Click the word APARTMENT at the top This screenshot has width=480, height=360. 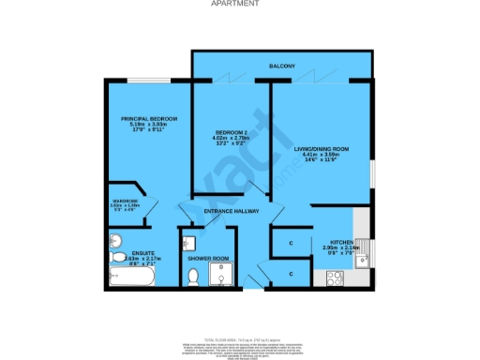(x=239, y=4)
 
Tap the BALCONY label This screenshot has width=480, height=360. (x=282, y=67)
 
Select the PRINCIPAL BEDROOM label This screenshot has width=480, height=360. (x=149, y=118)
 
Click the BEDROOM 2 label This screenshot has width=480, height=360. (x=230, y=132)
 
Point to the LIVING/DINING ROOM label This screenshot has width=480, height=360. (x=322, y=148)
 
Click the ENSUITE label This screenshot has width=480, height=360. (x=143, y=253)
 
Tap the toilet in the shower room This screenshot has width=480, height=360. (x=193, y=276)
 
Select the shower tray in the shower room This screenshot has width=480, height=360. (x=220, y=275)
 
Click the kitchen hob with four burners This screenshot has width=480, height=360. (x=334, y=277)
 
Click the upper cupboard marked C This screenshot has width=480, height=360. (x=292, y=244)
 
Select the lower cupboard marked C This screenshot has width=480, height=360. (x=292, y=274)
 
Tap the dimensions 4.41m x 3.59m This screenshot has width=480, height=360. (x=322, y=155)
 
